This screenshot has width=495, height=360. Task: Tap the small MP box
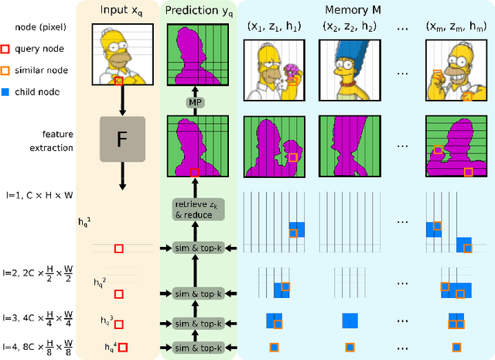pos(194,103)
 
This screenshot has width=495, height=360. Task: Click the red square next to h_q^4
pos(121,347)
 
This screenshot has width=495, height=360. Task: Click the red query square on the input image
pos(118,81)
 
